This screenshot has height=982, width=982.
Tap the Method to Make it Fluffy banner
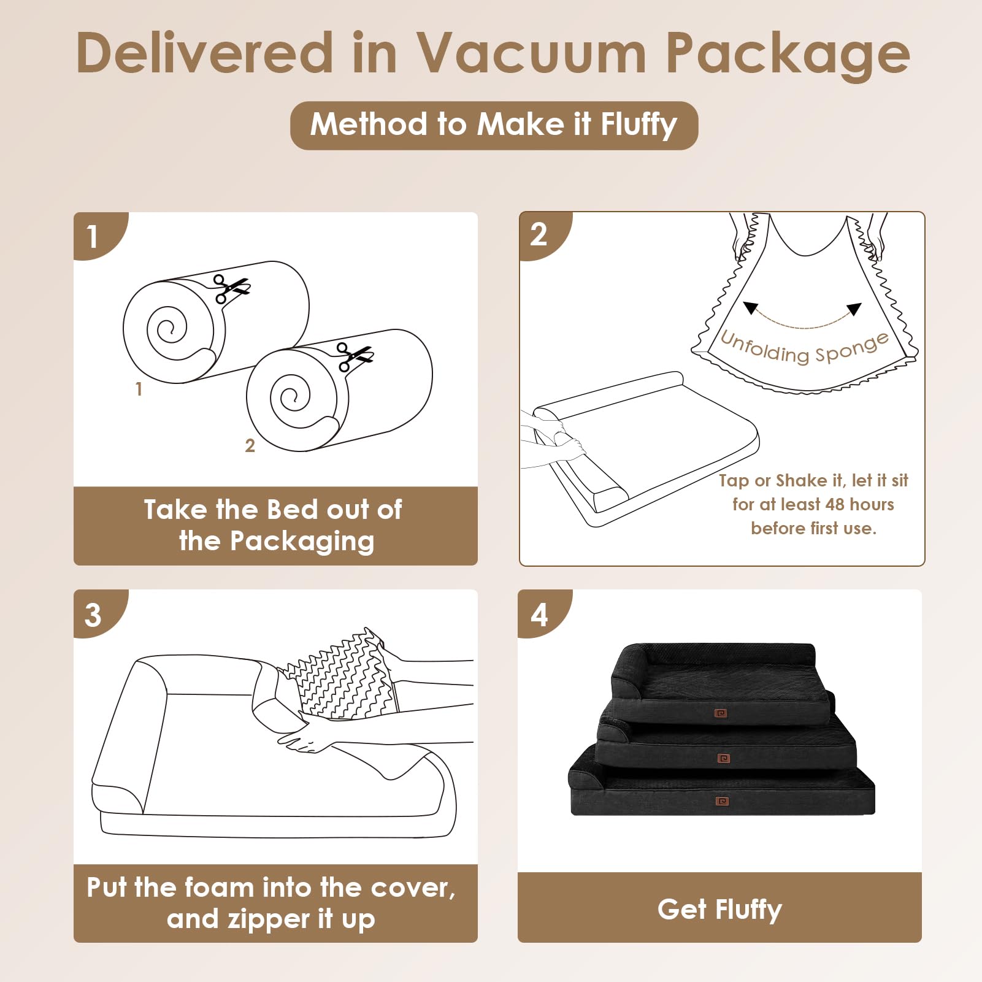pyautogui.click(x=494, y=125)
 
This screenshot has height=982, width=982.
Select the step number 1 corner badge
pyautogui.click(x=93, y=236)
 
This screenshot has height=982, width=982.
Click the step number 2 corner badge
pyautogui.click(x=539, y=234)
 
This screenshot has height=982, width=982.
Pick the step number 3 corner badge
pyautogui.click(x=93, y=615)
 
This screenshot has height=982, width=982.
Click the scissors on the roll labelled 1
pyautogui.click(x=231, y=288)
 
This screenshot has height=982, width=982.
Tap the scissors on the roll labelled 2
pyautogui.click(x=355, y=356)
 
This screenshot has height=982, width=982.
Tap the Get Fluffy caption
pyautogui.click(x=719, y=909)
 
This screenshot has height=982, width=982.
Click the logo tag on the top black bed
pyautogui.click(x=721, y=713)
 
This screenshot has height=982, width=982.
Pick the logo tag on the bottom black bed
pyautogui.click(x=723, y=801)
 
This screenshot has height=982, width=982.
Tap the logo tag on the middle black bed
pyautogui.click(x=724, y=759)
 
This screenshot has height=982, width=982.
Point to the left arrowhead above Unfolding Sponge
pyautogui.click(x=751, y=307)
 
